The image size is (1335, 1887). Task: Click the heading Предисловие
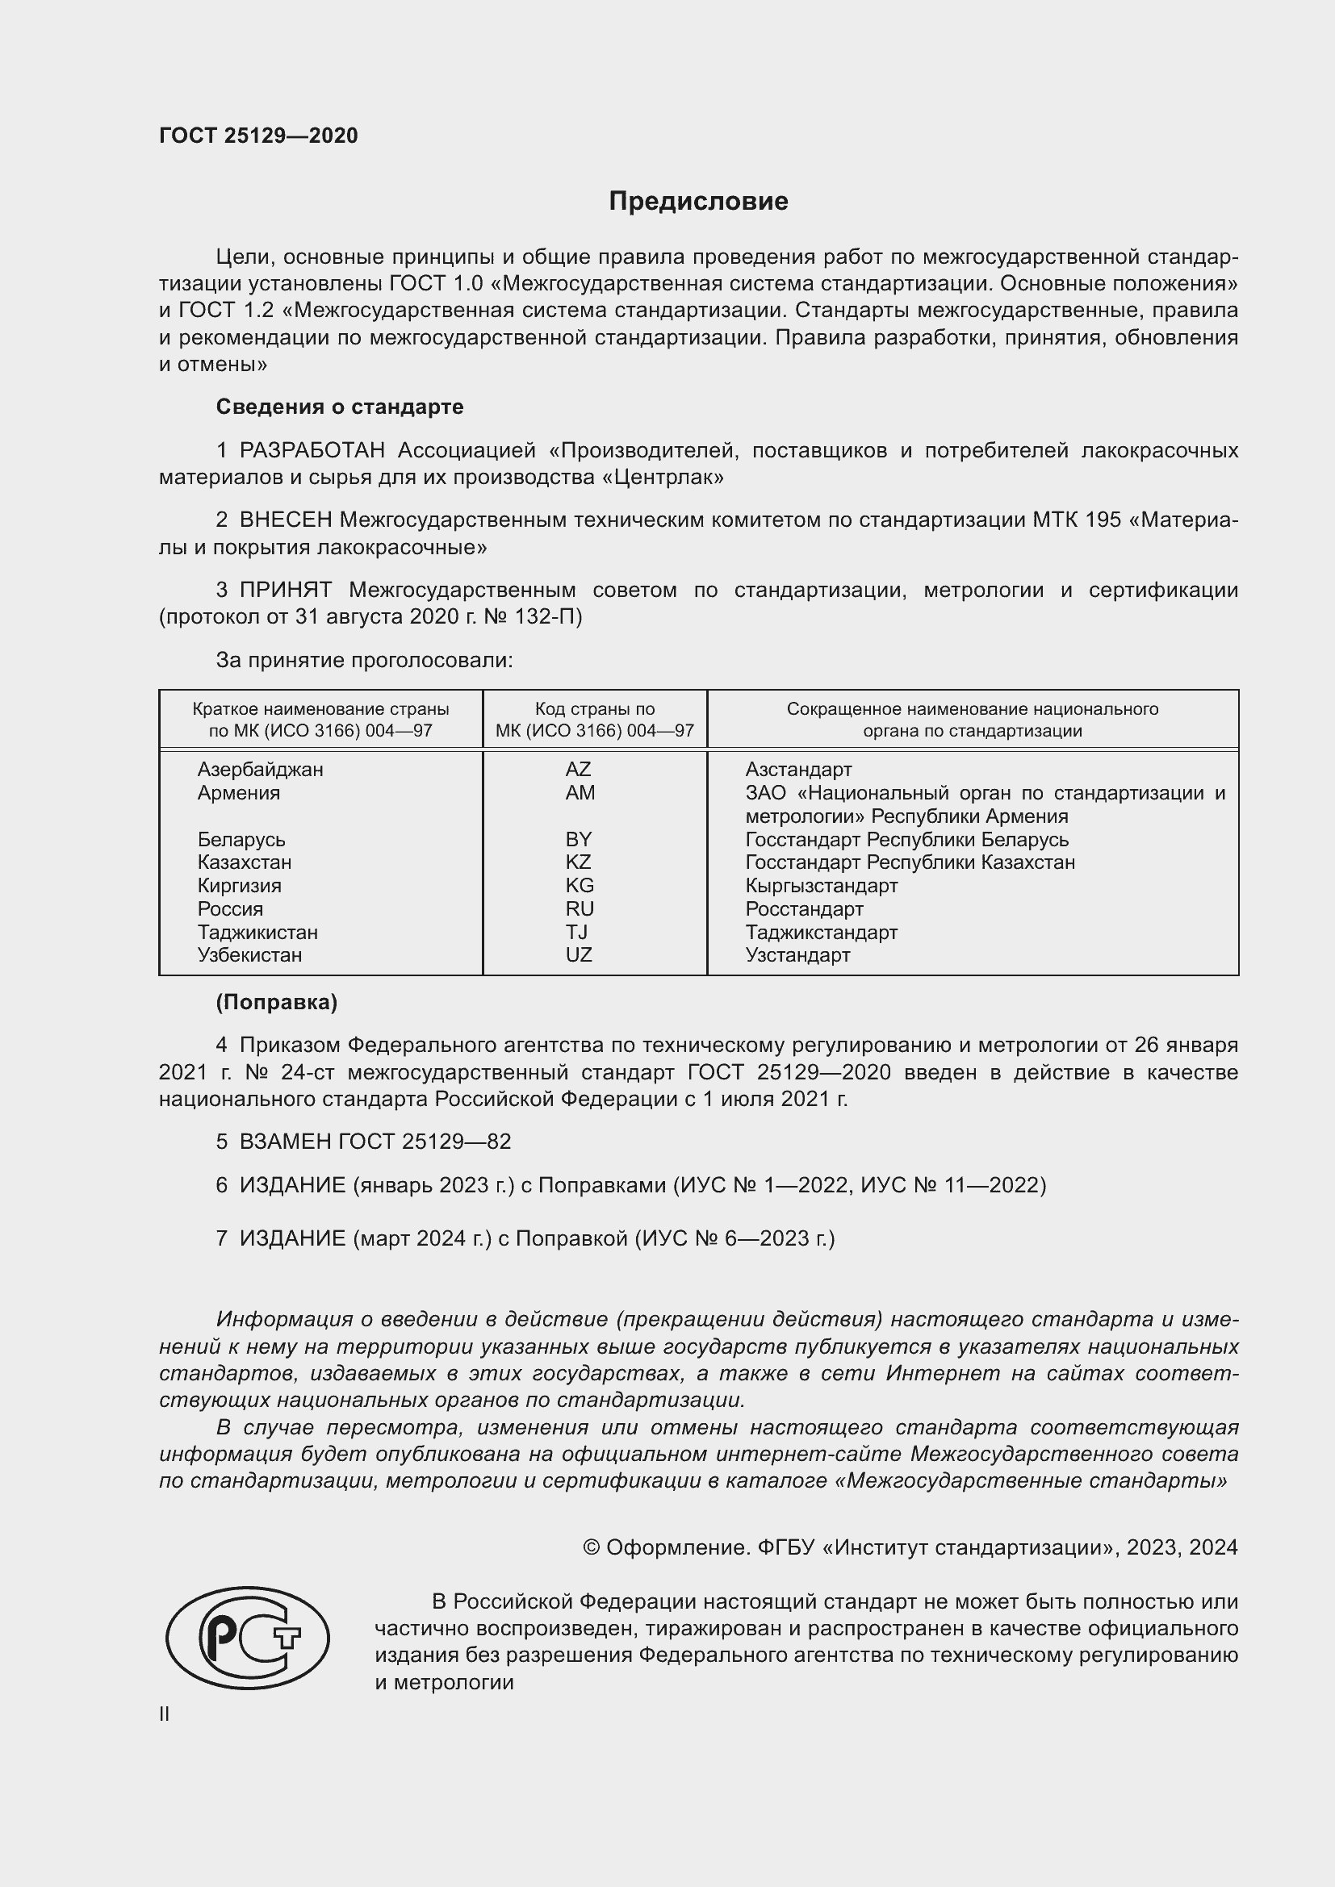(x=698, y=202)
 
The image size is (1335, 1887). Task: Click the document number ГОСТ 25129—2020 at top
(x=258, y=136)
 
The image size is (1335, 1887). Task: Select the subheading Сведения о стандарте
(x=340, y=407)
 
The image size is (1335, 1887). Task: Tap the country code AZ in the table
(x=578, y=770)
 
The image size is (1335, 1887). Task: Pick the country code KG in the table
(x=580, y=885)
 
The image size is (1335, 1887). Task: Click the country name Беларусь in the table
(x=241, y=839)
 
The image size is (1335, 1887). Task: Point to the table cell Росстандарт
(x=804, y=909)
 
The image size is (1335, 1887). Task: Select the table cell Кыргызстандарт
(x=821, y=885)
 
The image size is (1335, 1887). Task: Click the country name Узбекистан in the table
(x=249, y=955)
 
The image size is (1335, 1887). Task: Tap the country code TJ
(x=576, y=932)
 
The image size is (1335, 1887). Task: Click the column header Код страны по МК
(x=594, y=719)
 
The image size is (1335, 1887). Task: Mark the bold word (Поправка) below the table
(x=276, y=1002)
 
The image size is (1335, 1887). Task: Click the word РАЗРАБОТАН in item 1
(x=312, y=450)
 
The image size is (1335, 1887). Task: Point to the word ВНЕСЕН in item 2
(x=285, y=520)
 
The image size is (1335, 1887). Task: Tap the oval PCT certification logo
(x=248, y=1638)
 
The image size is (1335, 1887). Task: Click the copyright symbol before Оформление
(x=591, y=1547)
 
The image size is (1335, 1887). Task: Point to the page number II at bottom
(x=165, y=1714)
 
